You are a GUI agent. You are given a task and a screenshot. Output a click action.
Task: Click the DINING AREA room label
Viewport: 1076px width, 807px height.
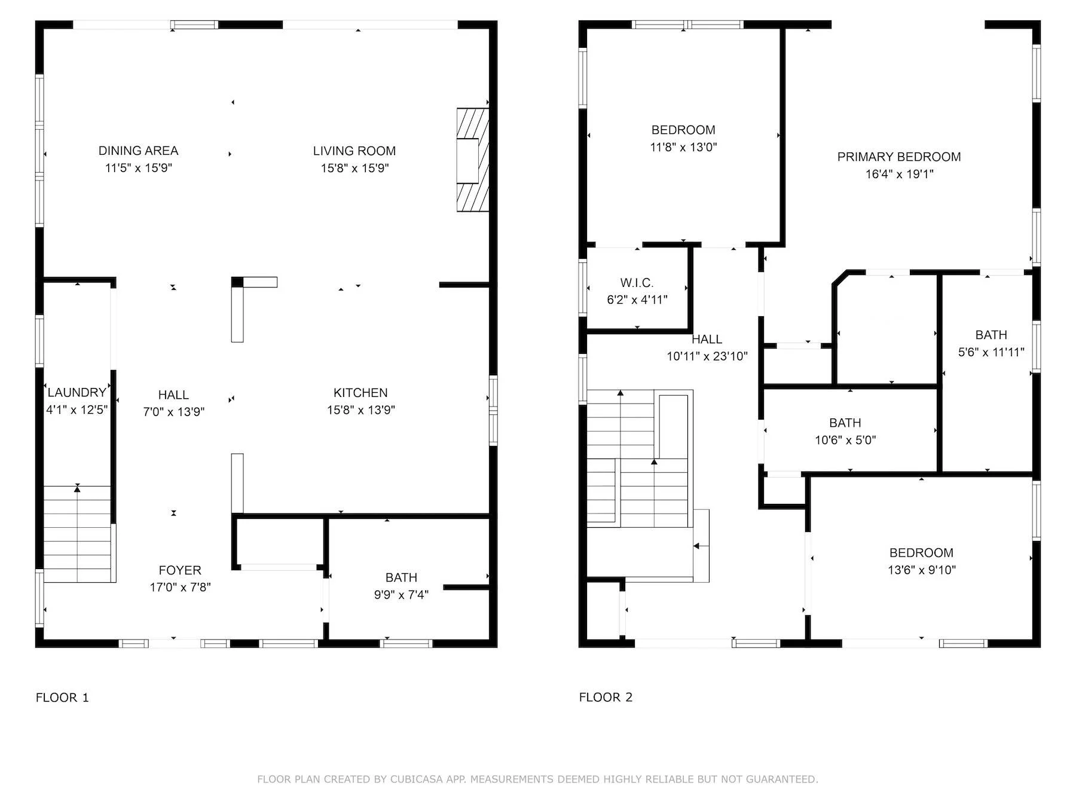point(138,151)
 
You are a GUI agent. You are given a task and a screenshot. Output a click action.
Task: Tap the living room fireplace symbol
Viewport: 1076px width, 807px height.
point(472,160)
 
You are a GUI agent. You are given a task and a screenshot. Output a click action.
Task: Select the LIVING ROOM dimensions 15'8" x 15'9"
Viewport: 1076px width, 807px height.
point(354,169)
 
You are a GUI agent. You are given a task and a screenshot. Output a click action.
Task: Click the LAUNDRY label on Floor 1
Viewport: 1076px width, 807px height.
point(77,393)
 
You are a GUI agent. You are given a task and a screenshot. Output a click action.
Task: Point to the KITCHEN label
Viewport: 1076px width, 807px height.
point(360,393)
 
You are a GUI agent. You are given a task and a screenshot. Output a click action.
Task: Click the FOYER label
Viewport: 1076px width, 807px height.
point(180,570)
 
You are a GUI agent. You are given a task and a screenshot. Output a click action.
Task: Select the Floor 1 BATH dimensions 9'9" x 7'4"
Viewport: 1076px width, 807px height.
point(401,595)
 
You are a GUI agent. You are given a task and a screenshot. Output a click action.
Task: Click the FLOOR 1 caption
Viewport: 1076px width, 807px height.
point(62,698)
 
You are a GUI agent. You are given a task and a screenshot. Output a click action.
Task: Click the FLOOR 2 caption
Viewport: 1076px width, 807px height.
point(606,697)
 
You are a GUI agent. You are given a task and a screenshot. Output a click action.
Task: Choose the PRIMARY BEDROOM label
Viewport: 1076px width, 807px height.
point(899,157)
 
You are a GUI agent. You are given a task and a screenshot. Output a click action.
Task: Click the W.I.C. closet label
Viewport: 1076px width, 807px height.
point(637,283)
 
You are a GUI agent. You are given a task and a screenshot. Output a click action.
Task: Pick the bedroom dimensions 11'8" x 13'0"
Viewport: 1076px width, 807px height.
point(683,147)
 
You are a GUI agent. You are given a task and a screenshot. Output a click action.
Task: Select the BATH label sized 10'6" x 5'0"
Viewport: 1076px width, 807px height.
point(845,423)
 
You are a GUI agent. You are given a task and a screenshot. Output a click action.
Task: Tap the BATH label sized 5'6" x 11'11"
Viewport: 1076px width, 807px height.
point(991,335)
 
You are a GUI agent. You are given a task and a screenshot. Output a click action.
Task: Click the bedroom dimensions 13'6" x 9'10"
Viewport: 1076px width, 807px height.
point(921,570)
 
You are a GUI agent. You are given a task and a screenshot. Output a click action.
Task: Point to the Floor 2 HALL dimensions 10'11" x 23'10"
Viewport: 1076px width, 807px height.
point(707,357)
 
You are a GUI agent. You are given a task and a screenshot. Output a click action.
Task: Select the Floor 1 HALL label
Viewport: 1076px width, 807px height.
point(173,395)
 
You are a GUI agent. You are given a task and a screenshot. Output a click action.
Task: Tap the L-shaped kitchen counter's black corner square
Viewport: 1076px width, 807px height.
point(238,282)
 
